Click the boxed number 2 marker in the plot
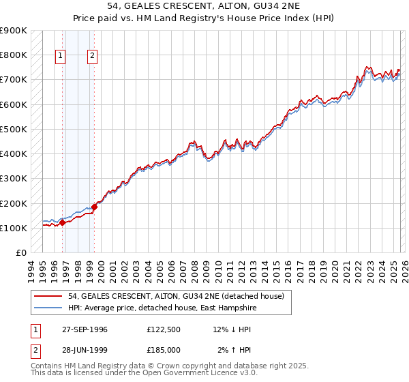[93, 57]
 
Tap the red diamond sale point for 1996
[62, 222]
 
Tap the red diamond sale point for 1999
[94, 207]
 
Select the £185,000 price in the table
[164, 350]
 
